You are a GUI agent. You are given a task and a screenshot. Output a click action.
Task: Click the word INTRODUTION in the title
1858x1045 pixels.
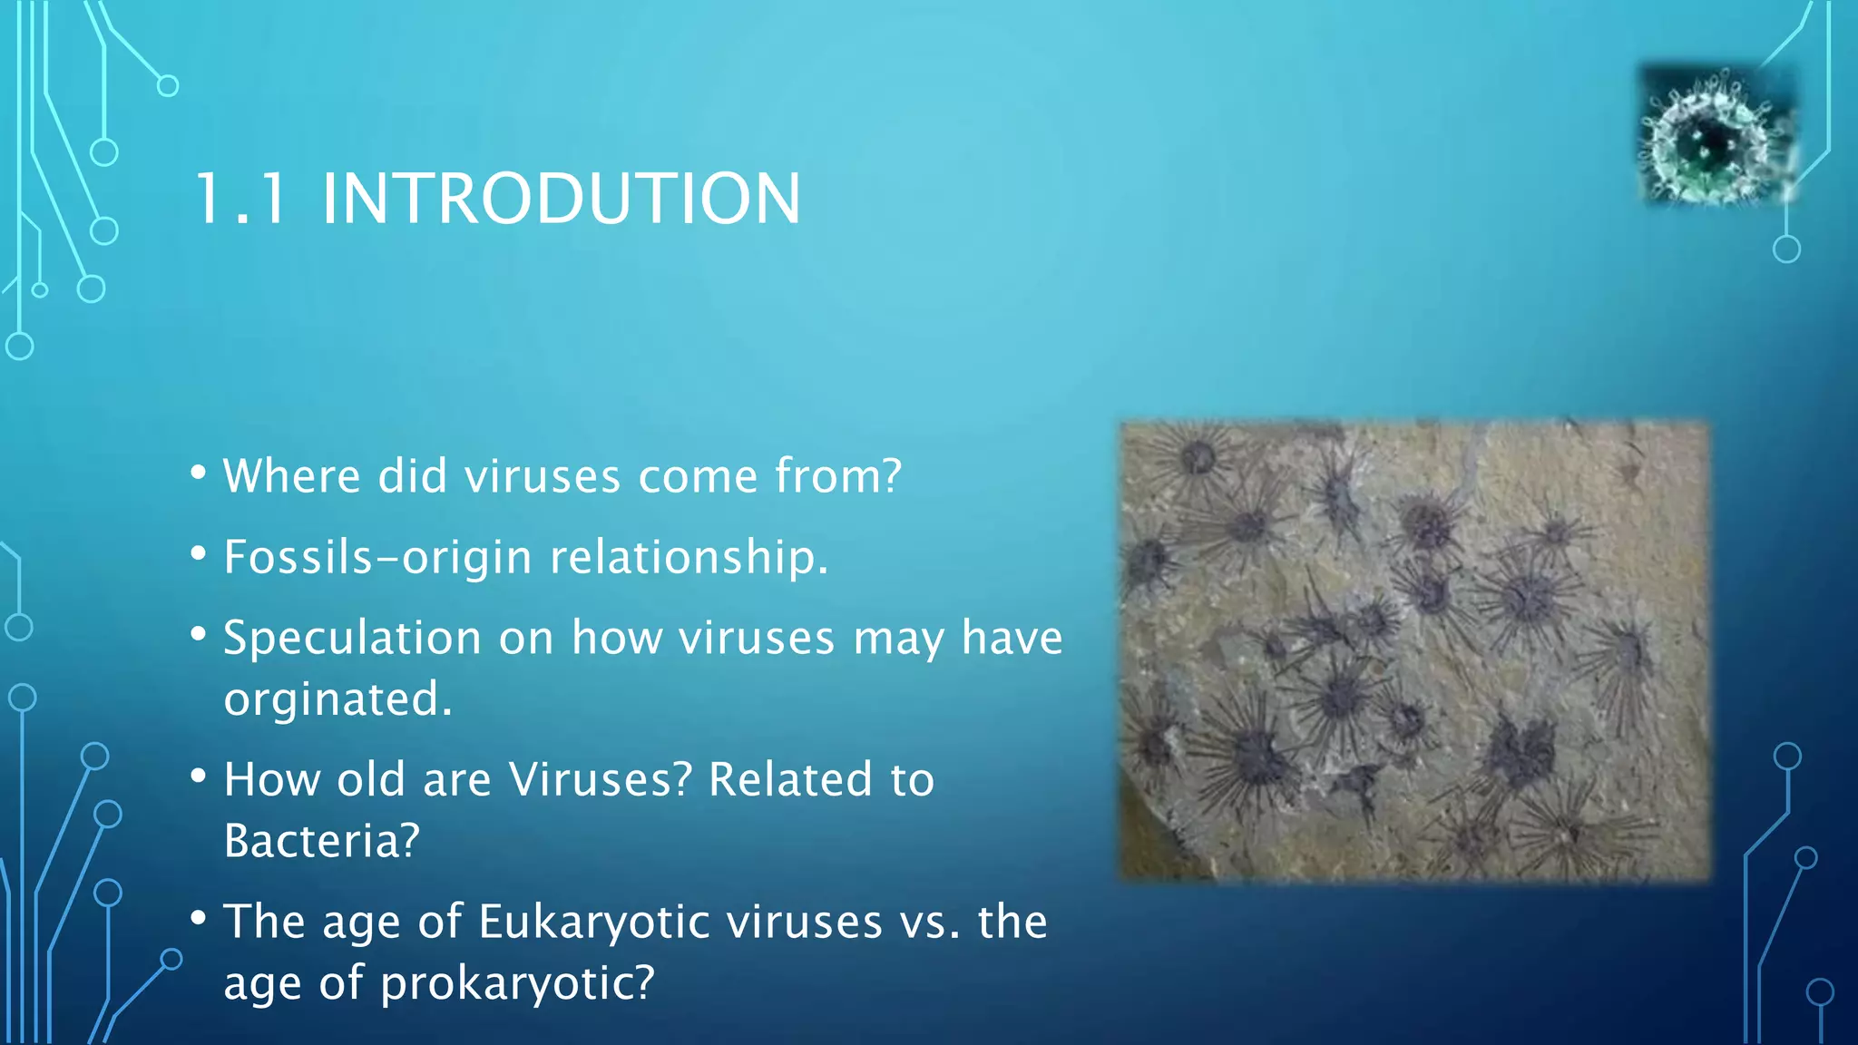tap(561, 199)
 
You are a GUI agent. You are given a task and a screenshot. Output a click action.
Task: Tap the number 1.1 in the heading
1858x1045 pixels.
tap(240, 199)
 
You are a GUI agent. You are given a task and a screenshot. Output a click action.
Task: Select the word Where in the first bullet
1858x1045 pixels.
tap(292, 475)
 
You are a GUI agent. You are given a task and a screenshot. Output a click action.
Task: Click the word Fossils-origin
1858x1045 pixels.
tap(377, 557)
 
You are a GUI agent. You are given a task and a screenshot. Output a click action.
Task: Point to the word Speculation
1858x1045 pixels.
tap(352, 638)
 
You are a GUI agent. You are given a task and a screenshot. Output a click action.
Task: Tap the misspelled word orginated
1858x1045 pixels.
tap(337, 699)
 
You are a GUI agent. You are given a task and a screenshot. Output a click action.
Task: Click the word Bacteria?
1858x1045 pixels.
tap(321, 841)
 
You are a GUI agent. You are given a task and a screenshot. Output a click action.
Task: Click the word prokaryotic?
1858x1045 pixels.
tap(516, 983)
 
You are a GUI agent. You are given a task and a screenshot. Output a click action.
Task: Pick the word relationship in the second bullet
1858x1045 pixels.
tap(689, 557)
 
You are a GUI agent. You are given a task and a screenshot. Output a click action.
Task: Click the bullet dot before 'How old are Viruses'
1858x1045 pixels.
tap(199, 776)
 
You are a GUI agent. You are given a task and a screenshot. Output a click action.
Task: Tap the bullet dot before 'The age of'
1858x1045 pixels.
tap(199, 918)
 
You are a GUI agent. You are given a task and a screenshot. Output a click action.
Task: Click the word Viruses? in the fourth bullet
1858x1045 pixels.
tap(600, 779)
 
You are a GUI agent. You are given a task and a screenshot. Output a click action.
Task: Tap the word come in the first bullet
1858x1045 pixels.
tap(698, 477)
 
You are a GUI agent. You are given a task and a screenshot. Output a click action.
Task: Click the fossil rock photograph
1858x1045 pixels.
tap(1414, 650)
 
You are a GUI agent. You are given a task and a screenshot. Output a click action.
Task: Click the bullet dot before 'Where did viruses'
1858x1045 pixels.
tap(199, 473)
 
